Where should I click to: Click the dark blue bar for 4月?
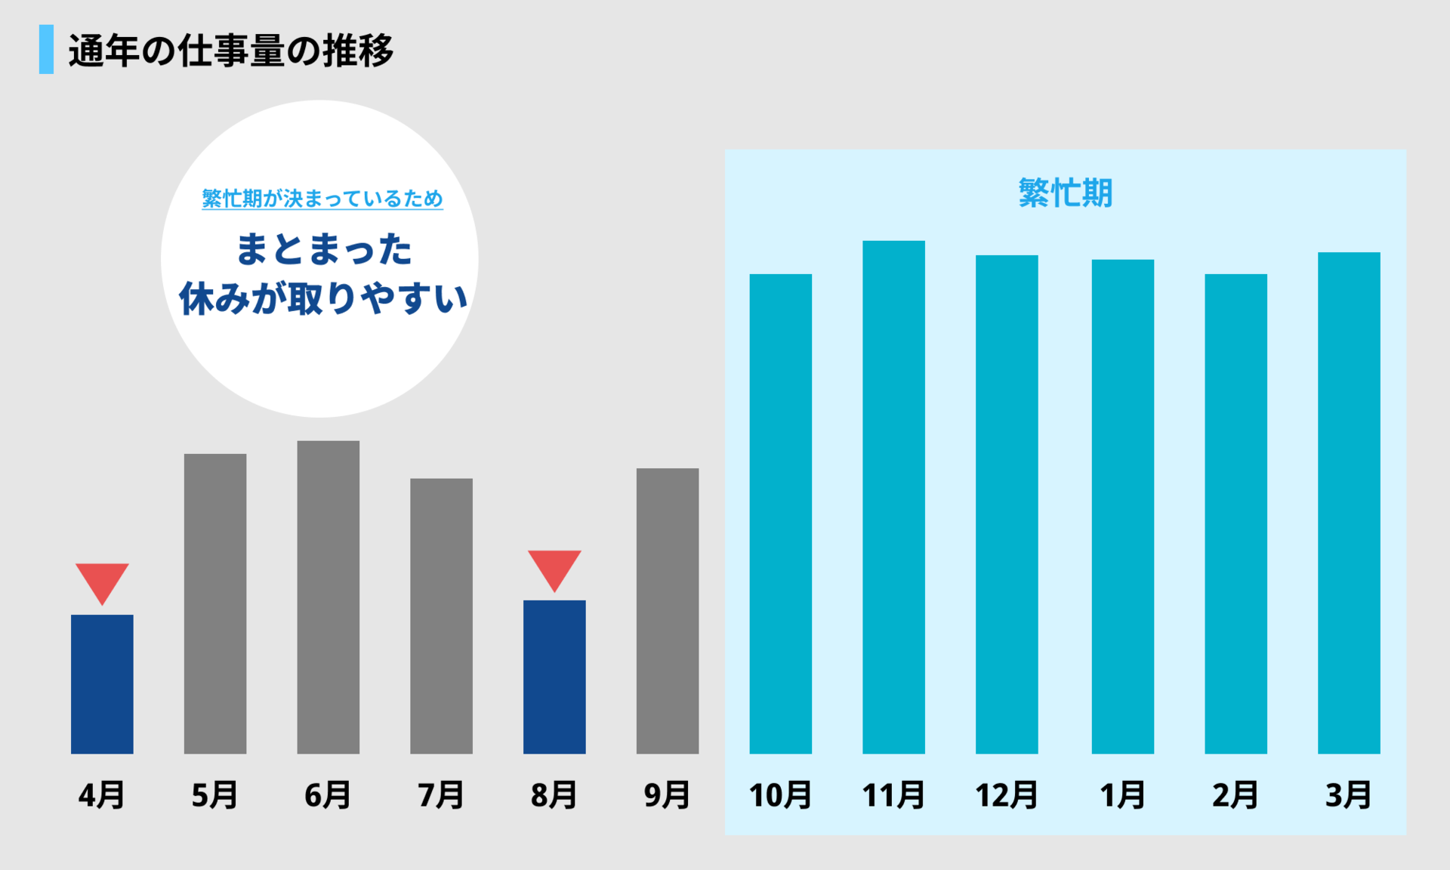[102, 683]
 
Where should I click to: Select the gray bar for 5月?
[215, 603]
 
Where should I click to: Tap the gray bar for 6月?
[329, 597]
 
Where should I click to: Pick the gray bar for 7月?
[441, 615]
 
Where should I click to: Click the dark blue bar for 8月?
[554, 677]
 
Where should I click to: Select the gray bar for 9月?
[668, 611]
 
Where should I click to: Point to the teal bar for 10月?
[780, 514]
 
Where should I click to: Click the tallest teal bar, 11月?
[893, 497]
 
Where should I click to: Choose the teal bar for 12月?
[1007, 504]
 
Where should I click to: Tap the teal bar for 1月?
[1122, 506]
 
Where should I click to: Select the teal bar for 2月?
[1236, 514]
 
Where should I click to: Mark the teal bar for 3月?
[1349, 503]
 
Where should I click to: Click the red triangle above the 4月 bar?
[102, 580]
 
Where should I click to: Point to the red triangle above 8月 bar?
[554, 567]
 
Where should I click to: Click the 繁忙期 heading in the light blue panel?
[1065, 193]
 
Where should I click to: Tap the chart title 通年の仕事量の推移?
[230, 51]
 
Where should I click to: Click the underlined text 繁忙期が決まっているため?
[322, 199]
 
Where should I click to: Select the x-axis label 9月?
[668, 795]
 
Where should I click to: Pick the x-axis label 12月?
[1007, 795]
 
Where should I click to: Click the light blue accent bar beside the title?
[46, 49]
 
